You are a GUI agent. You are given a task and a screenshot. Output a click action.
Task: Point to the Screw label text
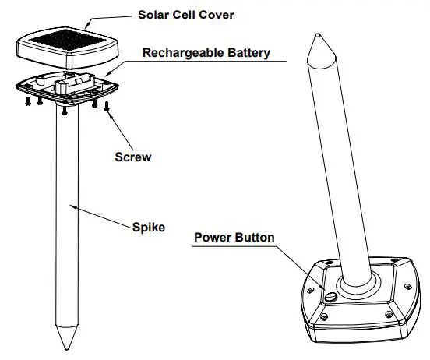(133, 157)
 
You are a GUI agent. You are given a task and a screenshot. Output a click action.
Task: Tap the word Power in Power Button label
(213, 237)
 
